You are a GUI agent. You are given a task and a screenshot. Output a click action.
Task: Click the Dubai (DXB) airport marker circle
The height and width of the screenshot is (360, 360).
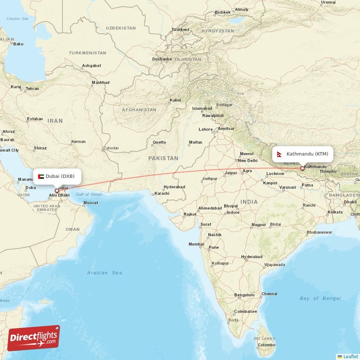(x=57, y=191)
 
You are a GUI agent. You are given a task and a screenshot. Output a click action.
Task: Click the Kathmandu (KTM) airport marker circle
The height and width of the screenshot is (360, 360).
(x=302, y=169)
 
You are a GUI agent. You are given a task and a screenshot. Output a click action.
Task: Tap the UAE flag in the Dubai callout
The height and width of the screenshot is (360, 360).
(x=41, y=176)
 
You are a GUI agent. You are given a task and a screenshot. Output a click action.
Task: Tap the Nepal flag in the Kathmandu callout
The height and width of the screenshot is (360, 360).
(x=279, y=154)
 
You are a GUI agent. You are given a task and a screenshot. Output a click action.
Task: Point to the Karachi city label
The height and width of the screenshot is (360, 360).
(x=162, y=193)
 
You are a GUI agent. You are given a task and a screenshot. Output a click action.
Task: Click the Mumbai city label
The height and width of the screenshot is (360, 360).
(x=196, y=244)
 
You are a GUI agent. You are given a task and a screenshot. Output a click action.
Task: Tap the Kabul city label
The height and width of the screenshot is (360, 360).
(x=175, y=100)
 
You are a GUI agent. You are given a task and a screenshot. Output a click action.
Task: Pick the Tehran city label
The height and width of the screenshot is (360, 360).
(x=32, y=89)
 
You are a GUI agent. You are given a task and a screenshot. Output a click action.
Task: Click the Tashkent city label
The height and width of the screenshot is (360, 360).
(x=180, y=30)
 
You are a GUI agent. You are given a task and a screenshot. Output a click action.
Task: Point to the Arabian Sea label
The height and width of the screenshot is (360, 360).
(x=104, y=273)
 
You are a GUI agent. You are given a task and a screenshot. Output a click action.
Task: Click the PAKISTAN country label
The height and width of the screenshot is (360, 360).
(x=163, y=158)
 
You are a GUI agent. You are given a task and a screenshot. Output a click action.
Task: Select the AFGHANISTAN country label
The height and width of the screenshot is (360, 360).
(x=139, y=110)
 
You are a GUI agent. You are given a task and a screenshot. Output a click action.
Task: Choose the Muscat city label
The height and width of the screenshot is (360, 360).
(x=90, y=202)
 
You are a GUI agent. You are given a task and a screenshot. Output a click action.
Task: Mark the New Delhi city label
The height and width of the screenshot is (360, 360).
(x=247, y=161)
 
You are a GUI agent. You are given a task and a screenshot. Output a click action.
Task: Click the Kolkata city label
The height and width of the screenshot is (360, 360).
(x=335, y=211)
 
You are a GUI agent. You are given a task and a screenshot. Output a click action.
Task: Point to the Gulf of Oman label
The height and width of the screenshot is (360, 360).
(x=89, y=194)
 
